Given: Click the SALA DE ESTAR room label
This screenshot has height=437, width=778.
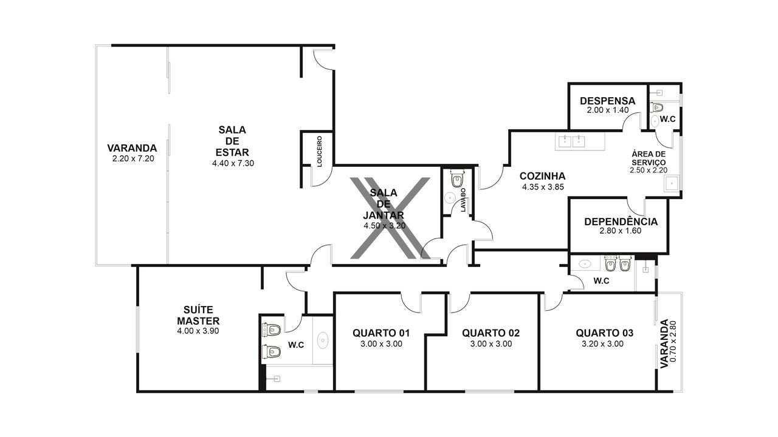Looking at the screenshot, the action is pyautogui.click(x=232, y=141).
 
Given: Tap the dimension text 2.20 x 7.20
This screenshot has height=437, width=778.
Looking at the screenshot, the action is pyautogui.click(x=133, y=159).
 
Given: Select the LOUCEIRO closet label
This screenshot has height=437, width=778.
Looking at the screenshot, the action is pyautogui.click(x=320, y=151).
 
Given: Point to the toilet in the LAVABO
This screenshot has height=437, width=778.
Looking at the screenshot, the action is pyautogui.click(x=457, y=178).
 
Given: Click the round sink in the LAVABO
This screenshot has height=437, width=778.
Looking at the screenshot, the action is pyautogui.click(x=450, y=198).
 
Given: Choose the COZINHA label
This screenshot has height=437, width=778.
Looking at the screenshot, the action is pyautogui.click(x=543, y=176).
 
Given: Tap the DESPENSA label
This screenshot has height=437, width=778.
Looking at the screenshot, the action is pyautogui.click(x=607, y=101).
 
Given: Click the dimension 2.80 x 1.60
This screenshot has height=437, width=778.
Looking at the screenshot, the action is pyautogui.click(x=621, y=231).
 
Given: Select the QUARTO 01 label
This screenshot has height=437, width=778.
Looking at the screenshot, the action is pyautogui.click(x=381, y=333).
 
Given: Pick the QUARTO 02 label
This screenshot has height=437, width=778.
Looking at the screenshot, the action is pyautogui.click(x=491, y=333).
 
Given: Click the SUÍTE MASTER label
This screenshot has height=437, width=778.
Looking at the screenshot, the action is pyautogui.click(x=198, y=315).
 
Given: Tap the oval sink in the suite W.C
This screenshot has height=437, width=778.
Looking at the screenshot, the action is pyautogui.click(x=323, y=340).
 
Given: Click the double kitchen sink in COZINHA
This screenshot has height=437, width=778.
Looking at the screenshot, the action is pyautogui.click(x=572, y=141).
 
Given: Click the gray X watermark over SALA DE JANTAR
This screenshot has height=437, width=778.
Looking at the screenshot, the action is pyautogui.click(x=390, y=218).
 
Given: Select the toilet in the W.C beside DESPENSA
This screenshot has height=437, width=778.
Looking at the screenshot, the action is pyautogui.click(x=658, y=107).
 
